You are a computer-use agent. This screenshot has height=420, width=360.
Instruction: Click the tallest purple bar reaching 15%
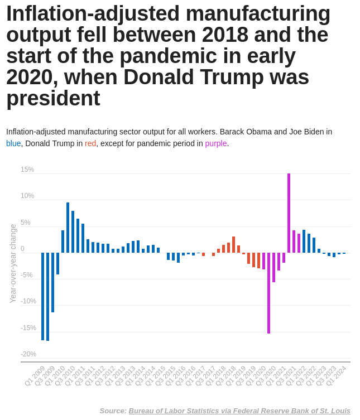pos(289,213)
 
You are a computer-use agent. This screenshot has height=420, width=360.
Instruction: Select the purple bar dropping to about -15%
pos(268,293)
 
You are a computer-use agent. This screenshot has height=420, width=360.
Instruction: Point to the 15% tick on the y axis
pos(27,170)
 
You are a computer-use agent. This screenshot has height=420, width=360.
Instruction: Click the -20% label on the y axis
pos(28,354)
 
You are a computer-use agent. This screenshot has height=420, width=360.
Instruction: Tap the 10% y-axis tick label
pos(27,196)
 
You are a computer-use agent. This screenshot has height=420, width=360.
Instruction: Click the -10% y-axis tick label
pos(28,301)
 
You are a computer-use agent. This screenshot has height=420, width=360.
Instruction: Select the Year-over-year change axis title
pos(13,263)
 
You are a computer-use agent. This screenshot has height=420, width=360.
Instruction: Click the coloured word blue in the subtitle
pos(13,143)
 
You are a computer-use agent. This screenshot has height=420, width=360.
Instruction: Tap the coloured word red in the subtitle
pos(90,143)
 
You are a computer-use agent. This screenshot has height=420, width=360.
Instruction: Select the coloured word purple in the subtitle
pos(215,143)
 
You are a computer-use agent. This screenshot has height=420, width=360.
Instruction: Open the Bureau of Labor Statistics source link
pos(239,411)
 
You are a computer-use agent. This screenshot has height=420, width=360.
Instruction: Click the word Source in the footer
pos(113,411)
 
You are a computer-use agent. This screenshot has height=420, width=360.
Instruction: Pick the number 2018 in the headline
pos(224,35)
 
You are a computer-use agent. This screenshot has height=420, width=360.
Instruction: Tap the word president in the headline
pos(53,99)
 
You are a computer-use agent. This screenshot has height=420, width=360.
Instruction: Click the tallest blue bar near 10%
pos(68,228)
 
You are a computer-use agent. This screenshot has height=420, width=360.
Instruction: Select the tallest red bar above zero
pos(233,244)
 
